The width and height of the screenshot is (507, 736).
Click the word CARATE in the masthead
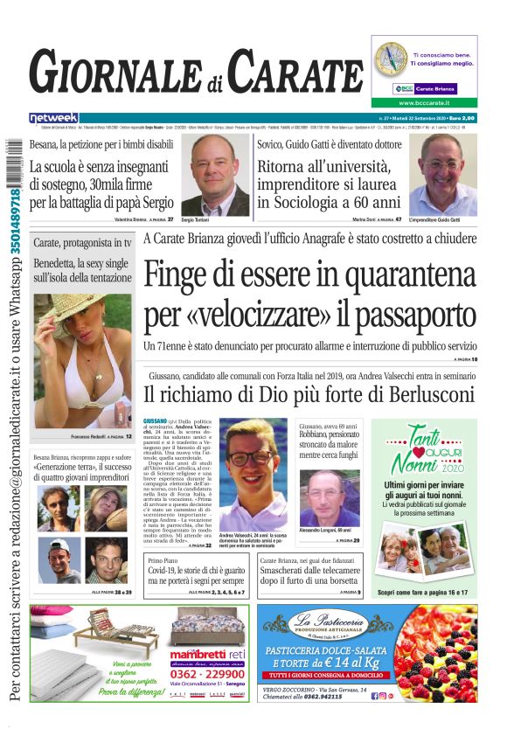[x=296, y=72]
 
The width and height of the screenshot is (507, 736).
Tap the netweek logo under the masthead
[x=53, y=117]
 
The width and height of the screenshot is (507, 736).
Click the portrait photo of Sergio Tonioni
[x=214, y=177]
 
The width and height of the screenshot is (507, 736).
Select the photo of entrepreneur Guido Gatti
[x=442, y=175]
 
